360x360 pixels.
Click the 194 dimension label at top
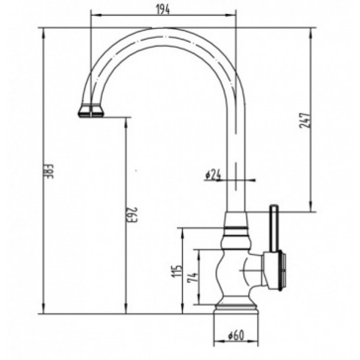tap(163, 9)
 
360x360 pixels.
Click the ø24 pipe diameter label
tap(212, 175)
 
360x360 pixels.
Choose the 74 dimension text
tap(193, 278)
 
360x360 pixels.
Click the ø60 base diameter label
tap(235, 336)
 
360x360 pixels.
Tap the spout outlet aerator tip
tap(91, 111)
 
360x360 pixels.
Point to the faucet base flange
tap(235, 309)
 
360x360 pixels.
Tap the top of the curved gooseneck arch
tap(164, 33)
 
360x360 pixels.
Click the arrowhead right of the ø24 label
tap(253, 180)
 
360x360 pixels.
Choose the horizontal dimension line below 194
tap(163, 15)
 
